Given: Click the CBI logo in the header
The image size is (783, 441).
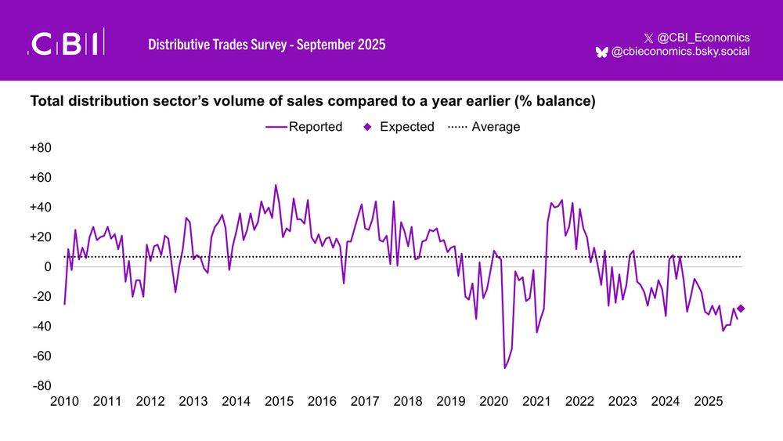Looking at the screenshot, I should (67, 44).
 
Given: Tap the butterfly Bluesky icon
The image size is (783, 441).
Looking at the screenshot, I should (601, 52).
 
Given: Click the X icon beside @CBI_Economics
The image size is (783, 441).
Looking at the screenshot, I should (648, 38).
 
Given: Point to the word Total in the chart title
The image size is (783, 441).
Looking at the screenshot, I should (46, 101).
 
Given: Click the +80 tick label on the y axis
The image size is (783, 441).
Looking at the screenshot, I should (41, 148).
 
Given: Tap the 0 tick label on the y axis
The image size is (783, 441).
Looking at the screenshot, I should (48, 267).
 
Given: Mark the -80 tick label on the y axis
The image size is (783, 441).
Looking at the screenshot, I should (41, 386).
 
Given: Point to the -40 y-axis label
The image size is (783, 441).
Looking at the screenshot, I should (41, 327).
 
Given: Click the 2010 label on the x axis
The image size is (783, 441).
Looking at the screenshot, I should (64, 402).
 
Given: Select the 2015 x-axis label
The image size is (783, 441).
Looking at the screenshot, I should (279, 402).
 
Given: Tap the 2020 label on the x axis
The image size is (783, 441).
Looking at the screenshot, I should (493, 402).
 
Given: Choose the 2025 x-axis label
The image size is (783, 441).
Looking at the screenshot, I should (709, 402).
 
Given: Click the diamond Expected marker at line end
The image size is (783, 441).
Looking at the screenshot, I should (741, 309).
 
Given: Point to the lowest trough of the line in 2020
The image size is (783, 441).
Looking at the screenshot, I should (505, 368).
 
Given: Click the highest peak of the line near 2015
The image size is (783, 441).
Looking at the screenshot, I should (276, 185).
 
